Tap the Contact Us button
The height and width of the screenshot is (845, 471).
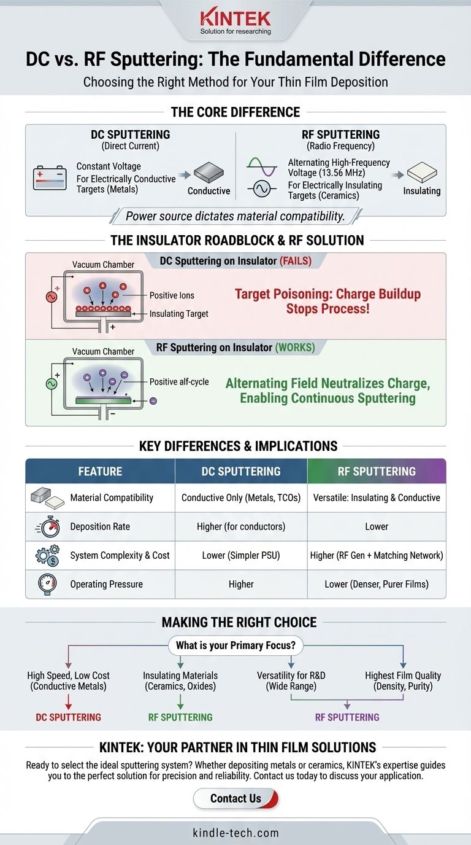pyautogui.click(x=235, y=798)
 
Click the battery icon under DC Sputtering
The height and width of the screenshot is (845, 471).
pyautogui.click(x=50, y=178)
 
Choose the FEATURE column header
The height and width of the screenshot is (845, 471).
pyautogui.click(x=100, y=471)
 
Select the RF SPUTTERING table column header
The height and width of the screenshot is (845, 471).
pyautogui.click(x=377, y=471)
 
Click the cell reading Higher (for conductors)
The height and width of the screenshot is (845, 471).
pyautogui.click(x=241, y=526)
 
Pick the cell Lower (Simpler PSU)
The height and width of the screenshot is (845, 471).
pyautogui.click(x=241, y=555)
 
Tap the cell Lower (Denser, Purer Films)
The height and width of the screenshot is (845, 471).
pyautogui.click(x=377, y=584)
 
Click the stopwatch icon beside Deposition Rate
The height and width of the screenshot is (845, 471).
pyautogui.click(x=47, y=526)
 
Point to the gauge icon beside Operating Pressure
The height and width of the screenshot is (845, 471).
pyautogui.click(x=47, y=584)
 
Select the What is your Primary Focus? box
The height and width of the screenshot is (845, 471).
pyautogui.click(x=235, y=646)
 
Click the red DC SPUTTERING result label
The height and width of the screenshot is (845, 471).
pyautogui.click(x=68, y=717)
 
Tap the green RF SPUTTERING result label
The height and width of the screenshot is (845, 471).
pyautogui.click(x=180, y=717)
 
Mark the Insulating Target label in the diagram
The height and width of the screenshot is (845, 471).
pyautogui.click(x=179, y=314)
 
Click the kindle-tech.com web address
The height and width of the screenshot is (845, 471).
pyautogui.click(x=235, y=833)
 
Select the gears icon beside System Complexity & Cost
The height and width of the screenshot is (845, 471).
pyautogui.click(x=47, y=555)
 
